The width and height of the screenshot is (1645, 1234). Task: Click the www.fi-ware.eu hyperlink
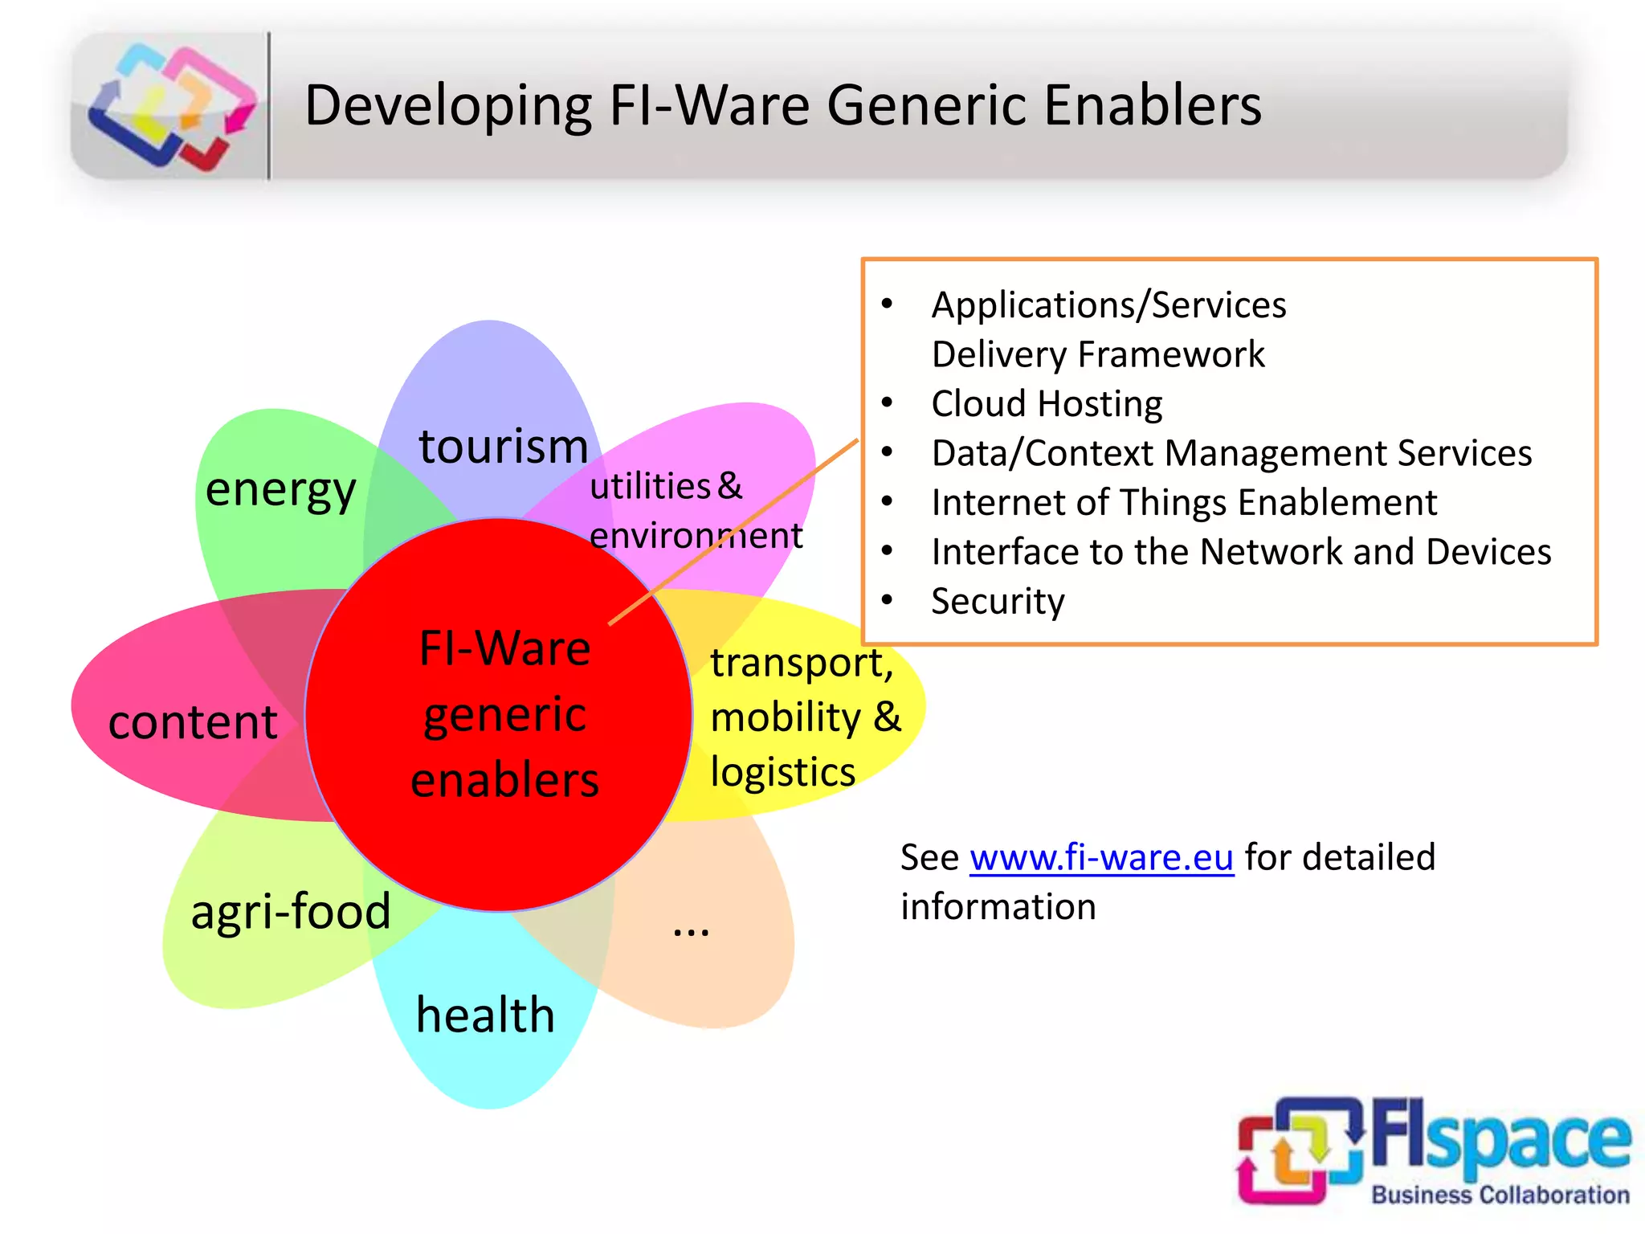tap(1101, 858)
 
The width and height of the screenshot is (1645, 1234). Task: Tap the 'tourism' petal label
tap(504, 447)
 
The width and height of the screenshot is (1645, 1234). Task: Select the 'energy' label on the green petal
tap(280, 490)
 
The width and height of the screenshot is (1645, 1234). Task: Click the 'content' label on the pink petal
tap(193, 722)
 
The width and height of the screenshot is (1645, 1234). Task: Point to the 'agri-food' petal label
tap(291, 912)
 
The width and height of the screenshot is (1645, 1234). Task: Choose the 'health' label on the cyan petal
tap(485, 1015)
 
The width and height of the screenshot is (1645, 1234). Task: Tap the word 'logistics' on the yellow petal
tap(783, 772)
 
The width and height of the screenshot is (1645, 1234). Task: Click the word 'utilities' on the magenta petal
tap(650, 487)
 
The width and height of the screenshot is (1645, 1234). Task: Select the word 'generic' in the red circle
tap(504, 715)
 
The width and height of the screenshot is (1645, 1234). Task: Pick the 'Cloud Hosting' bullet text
tap(1047, 404)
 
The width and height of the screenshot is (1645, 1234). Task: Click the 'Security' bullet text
tap(998, 602)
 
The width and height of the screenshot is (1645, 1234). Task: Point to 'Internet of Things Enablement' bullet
tap(1184, 503)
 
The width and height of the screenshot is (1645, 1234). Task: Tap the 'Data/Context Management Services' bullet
tap(1231, 453)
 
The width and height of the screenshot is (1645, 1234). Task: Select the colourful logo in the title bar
tap(171, 106)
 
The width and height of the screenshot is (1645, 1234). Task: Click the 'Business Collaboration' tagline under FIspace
tap(1500, 1195)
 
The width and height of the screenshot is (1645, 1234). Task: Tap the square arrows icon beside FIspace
tap(1300, 1150)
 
